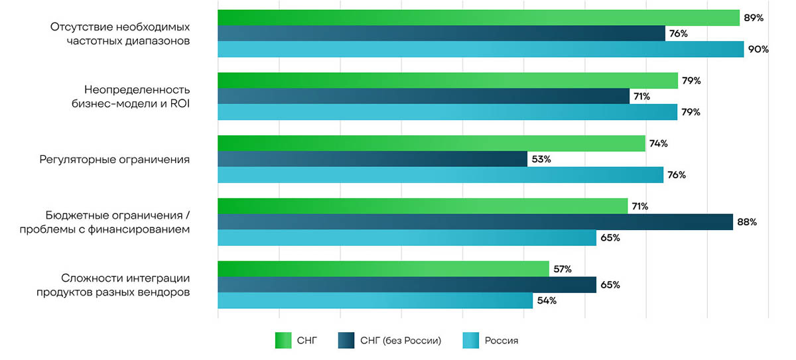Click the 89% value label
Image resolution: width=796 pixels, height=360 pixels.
tap(754, 18)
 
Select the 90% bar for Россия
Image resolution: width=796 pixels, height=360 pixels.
tap(480, 49)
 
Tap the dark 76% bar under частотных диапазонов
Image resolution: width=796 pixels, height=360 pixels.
tap(441, 33)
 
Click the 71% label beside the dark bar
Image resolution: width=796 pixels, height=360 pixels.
tap(641, 97)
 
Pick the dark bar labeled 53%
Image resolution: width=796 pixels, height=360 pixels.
tap(372, 159)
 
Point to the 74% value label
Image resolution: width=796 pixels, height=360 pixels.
tap(659, 144)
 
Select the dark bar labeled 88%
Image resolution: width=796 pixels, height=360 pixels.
tap(475, 222)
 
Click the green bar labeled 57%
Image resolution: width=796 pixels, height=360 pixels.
tap(383, 269)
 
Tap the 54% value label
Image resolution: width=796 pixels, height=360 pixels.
tap(547, 300)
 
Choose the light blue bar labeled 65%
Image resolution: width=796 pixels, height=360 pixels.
tap(407, 238)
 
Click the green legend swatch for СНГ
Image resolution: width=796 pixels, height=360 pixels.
tap(283, 340)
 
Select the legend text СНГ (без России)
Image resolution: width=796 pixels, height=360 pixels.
tap(401, 341)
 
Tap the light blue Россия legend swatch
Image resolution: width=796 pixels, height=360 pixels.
tap(470, 340)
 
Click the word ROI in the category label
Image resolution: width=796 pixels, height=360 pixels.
tap(179, 103)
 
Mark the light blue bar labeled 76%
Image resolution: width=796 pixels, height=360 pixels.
tap(440, 175)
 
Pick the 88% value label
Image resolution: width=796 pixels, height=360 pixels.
tap(747, 222)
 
